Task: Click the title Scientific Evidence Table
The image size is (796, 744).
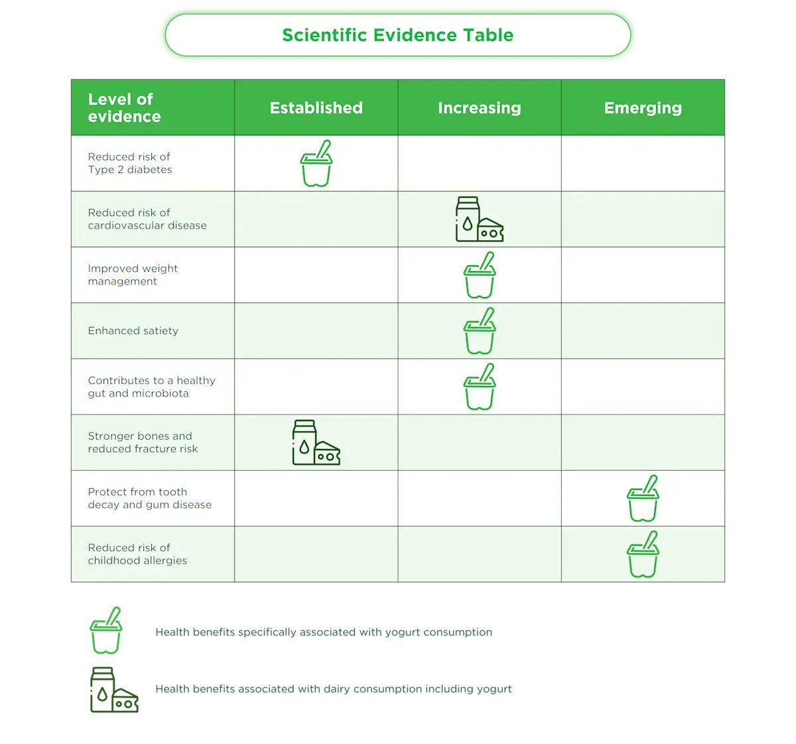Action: pyautogui.click(x=397, y=35)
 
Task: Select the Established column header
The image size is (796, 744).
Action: pyautogui.click(x=316, y=108)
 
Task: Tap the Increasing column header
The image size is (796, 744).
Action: pyautogui.click(x=479, y=108)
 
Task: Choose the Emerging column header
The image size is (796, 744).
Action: pyautogui.click(x=643, y=108)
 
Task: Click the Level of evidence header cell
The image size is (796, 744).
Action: pyautogui.click(x=125, y=108)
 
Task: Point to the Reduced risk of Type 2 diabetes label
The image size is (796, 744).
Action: pyautogui.click(x=130, y=163)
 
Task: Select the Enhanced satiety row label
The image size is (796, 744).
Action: pyautogui.click(x=133, y=331)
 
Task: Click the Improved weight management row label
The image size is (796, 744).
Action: pyautogui.click(x=133, y=275)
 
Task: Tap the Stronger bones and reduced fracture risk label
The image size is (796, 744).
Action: pyautogui.click(x=143, y=442)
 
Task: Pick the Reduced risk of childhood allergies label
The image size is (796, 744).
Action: pyautogui.click(x=137, y=554)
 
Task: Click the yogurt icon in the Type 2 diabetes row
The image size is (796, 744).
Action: pyautogui.click(x=316, y=164)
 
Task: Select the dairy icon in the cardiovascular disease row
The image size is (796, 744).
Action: pyautogui.click(x=479, y=219)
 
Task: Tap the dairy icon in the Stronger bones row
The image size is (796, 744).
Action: pyautogui.click(x=316, y=442)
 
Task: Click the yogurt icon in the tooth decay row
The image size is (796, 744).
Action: pyautogui.click(x=643, y=499)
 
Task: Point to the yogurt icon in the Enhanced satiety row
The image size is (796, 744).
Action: pyautogui.click(x=480, y=331)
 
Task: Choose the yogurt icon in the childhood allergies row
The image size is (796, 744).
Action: pyautogui.click(x=643, y=554)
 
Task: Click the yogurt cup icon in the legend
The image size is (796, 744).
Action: pyautogui.click(x=106, y=631)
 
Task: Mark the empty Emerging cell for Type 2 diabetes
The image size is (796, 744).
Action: pyautogui.click(x=643, y=164)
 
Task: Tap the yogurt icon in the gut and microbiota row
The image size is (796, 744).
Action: pyautogui.click(x=480, y=387)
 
